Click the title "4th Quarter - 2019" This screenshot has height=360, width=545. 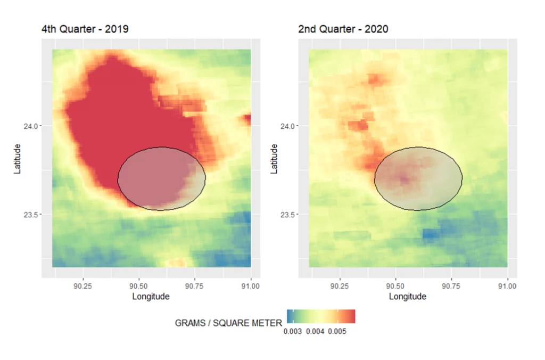(x=85, y=29)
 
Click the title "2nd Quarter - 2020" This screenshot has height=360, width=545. (x=343, y=29)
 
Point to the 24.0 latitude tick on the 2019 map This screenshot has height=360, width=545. (x=31, y=126)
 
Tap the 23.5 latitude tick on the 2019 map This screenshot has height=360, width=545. (x=31, y=215)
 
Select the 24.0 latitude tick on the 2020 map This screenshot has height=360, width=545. (x=288, y=126)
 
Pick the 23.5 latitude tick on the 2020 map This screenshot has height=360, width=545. (x=288, y=215)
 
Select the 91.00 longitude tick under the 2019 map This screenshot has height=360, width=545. (x=251, y=286)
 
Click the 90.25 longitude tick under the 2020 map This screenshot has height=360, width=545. (x=339, y=286)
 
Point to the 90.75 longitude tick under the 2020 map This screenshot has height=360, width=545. (x=451, y=286)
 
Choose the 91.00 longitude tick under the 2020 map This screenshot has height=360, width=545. (x=508, y=286)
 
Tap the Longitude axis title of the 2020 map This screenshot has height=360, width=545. (x=407, y=297)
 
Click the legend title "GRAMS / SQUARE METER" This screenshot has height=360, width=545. (x=228, y=323)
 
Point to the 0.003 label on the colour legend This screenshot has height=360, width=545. (x=292, y=331)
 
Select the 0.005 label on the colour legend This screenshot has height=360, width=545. (x=337, y=331)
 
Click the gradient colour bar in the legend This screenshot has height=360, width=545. (x=321, y=316)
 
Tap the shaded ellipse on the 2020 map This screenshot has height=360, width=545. (x=418, y=179)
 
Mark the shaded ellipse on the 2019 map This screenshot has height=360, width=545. (x=161, y=179)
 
